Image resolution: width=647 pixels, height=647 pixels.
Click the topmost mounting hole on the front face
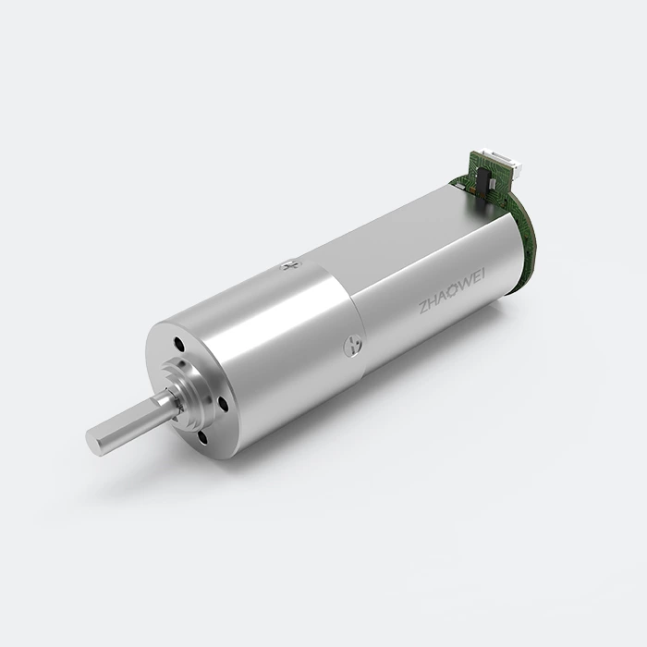tap(179, 342)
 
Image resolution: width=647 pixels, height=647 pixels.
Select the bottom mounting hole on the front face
tap(202, 438)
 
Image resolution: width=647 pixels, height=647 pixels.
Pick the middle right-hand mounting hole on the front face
tap(223, 403)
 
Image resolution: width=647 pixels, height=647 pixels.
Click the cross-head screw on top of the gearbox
tap(291, 266)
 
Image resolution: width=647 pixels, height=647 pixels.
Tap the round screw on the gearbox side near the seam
tap(353, 345)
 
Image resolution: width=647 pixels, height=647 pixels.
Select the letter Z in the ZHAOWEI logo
tap(422, 308)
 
